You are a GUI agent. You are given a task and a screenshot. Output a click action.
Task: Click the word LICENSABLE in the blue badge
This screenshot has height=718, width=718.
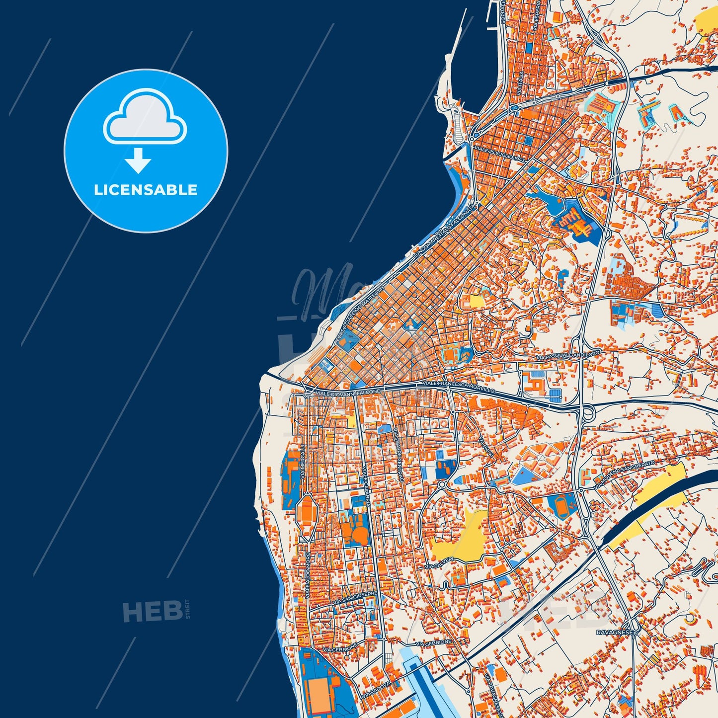146,190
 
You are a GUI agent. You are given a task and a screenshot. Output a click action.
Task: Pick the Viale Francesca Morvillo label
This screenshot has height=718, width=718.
458,387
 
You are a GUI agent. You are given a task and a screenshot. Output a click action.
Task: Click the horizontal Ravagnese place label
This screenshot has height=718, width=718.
615,633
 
